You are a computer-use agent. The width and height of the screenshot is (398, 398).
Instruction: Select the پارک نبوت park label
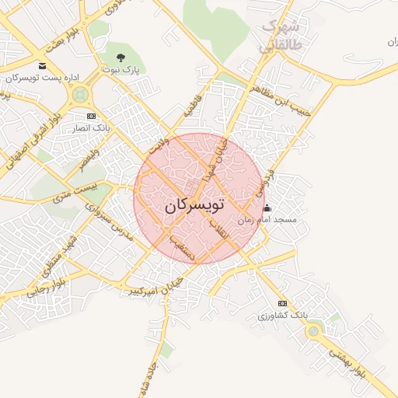[120, 69]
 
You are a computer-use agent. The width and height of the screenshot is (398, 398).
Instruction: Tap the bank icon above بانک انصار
[91, 116]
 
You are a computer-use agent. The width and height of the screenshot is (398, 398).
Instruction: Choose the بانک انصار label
[92, 127]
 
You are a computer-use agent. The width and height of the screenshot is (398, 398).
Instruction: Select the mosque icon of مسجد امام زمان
[267, 208]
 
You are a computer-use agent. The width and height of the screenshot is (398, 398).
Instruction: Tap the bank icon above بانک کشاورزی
[282, 303]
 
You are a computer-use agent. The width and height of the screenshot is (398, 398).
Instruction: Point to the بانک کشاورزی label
[284, 316]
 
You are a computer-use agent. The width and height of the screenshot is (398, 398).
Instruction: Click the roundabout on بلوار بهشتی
[313, 333]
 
